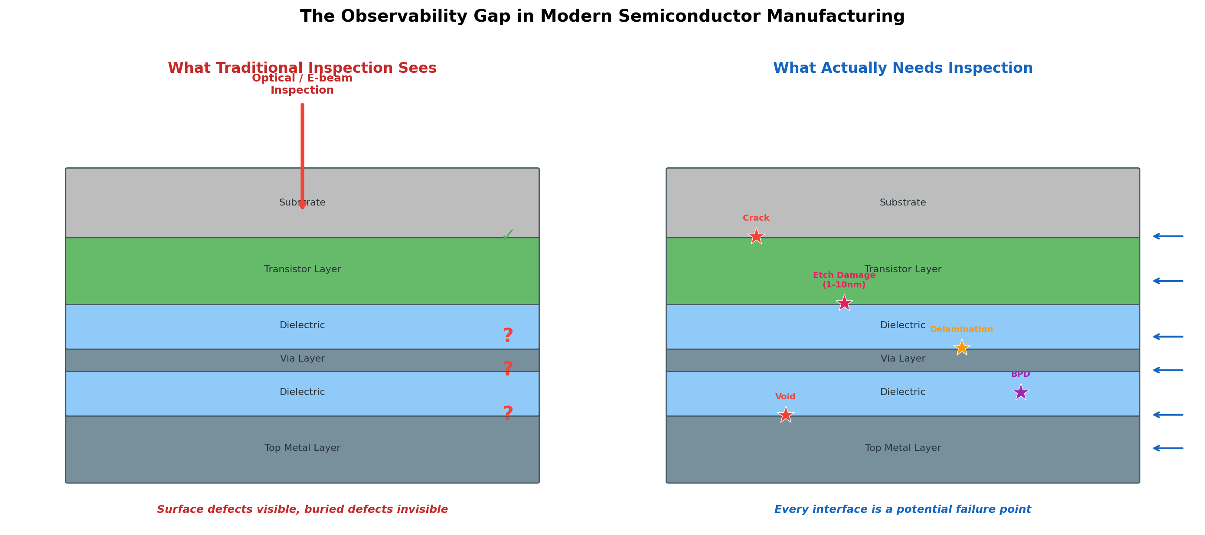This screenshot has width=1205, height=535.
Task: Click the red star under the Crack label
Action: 756,237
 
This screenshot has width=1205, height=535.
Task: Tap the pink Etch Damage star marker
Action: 844,303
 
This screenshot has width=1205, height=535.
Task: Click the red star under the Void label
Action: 785,415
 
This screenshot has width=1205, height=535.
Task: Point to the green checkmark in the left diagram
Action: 508,234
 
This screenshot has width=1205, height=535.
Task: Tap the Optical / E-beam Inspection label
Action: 302,84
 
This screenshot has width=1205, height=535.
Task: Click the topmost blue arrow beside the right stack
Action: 1168,236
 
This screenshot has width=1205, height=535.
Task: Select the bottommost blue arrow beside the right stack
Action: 1168,448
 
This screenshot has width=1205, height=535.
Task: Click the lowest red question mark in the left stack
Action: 508,414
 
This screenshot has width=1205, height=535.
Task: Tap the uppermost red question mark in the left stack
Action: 508,336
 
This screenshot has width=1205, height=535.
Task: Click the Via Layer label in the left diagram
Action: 302,359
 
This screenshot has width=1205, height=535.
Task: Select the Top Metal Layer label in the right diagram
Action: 902,448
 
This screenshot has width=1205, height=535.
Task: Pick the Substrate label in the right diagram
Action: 902,202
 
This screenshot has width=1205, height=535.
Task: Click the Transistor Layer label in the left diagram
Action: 302,269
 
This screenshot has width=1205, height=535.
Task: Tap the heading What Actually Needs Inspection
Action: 902,68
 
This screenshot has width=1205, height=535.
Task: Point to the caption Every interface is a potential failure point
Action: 902,509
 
